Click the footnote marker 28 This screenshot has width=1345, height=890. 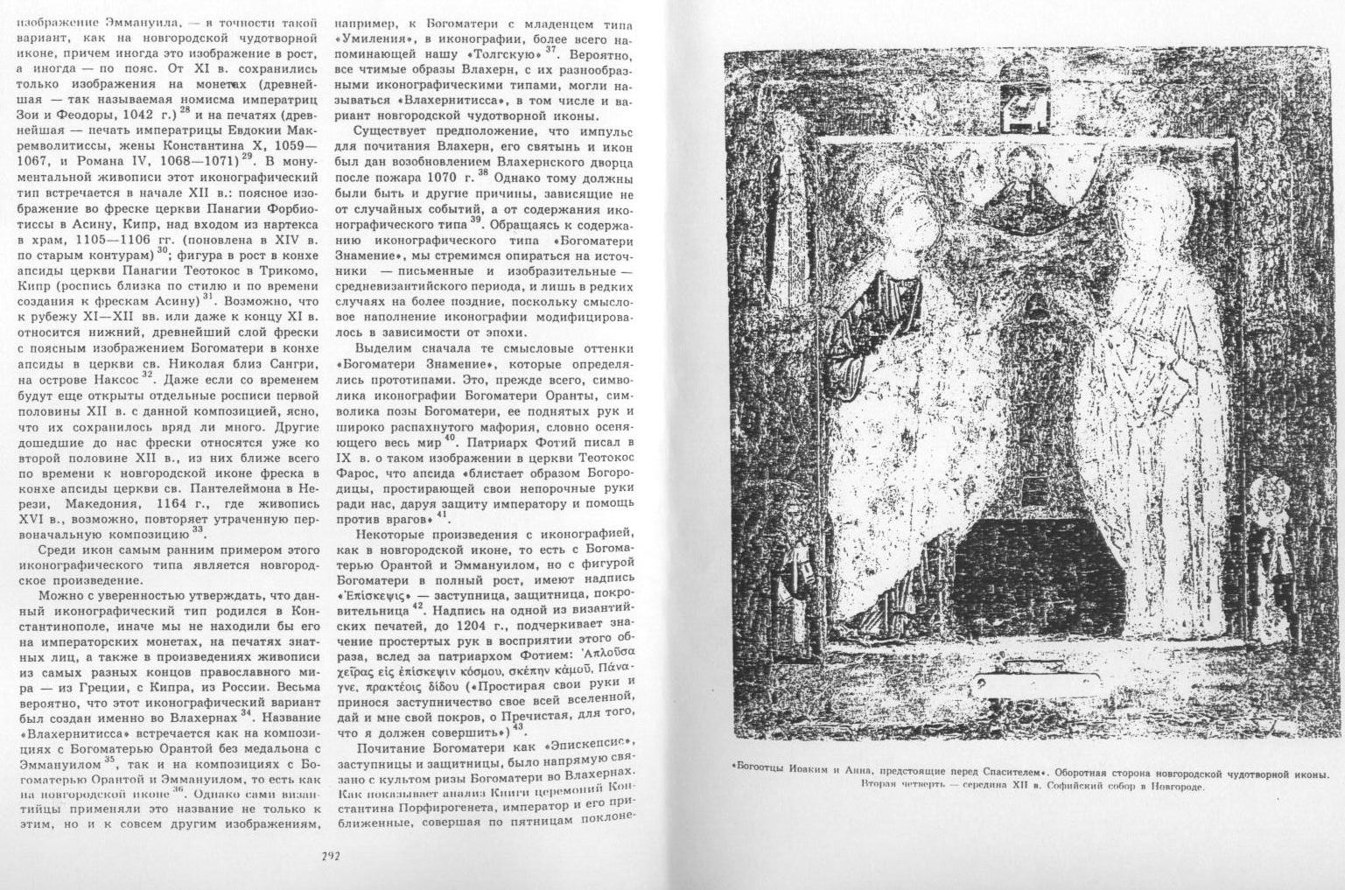186,111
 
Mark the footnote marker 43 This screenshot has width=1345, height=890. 516,725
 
